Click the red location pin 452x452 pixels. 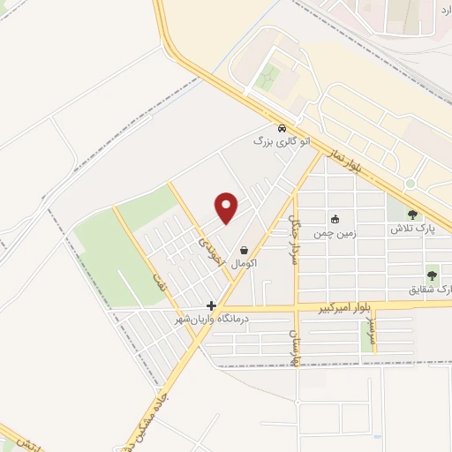[x=228, y=207]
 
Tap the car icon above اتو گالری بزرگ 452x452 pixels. [x=282, y=127]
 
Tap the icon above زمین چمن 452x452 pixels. [x=335, y=220]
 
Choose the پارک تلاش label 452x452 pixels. [x=413, y=229]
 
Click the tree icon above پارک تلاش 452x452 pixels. [x=413, y=213]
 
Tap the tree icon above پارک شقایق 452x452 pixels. [x=432, y=273]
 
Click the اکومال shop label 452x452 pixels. [x=243, y=264]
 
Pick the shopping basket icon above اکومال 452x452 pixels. [x=244, y=250]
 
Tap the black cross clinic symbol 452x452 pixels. [x=210, y=305]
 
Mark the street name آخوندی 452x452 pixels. [x=206, y=238]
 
